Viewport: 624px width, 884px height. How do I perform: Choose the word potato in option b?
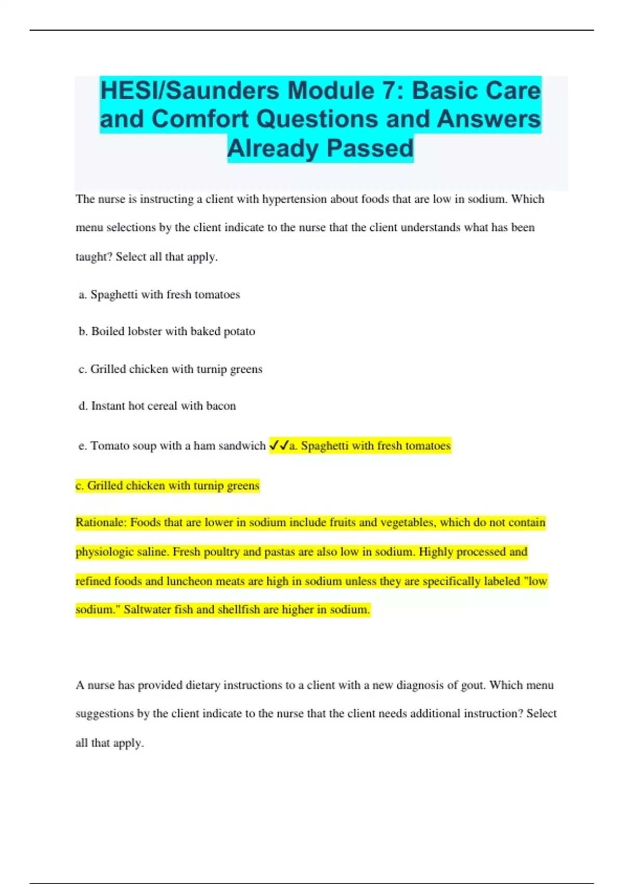[239, 331]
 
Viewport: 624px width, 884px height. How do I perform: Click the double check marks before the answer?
[279, 446]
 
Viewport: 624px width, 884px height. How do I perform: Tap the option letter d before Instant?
[83, 406]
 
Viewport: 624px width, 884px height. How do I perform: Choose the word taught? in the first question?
[94, 257]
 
